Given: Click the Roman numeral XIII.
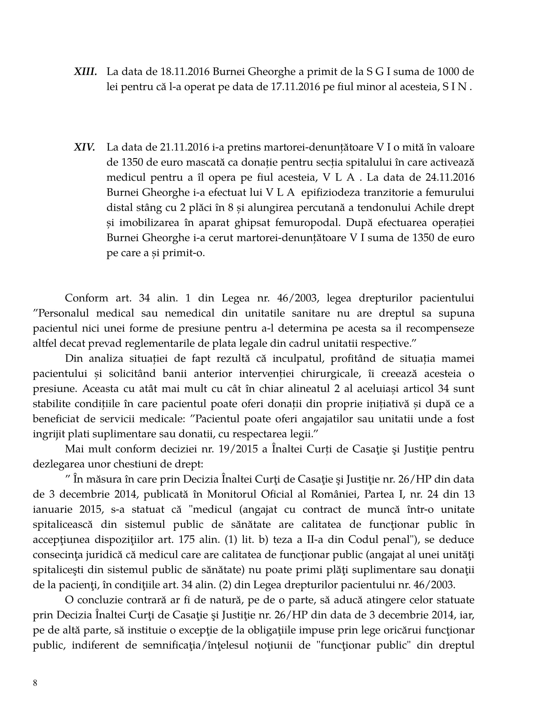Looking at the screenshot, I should [x=85, y=72].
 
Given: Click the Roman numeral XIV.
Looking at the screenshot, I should [x=85, y=147].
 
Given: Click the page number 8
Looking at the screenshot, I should [x=35, y=683].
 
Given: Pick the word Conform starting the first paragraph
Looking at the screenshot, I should [x=86, y=298].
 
